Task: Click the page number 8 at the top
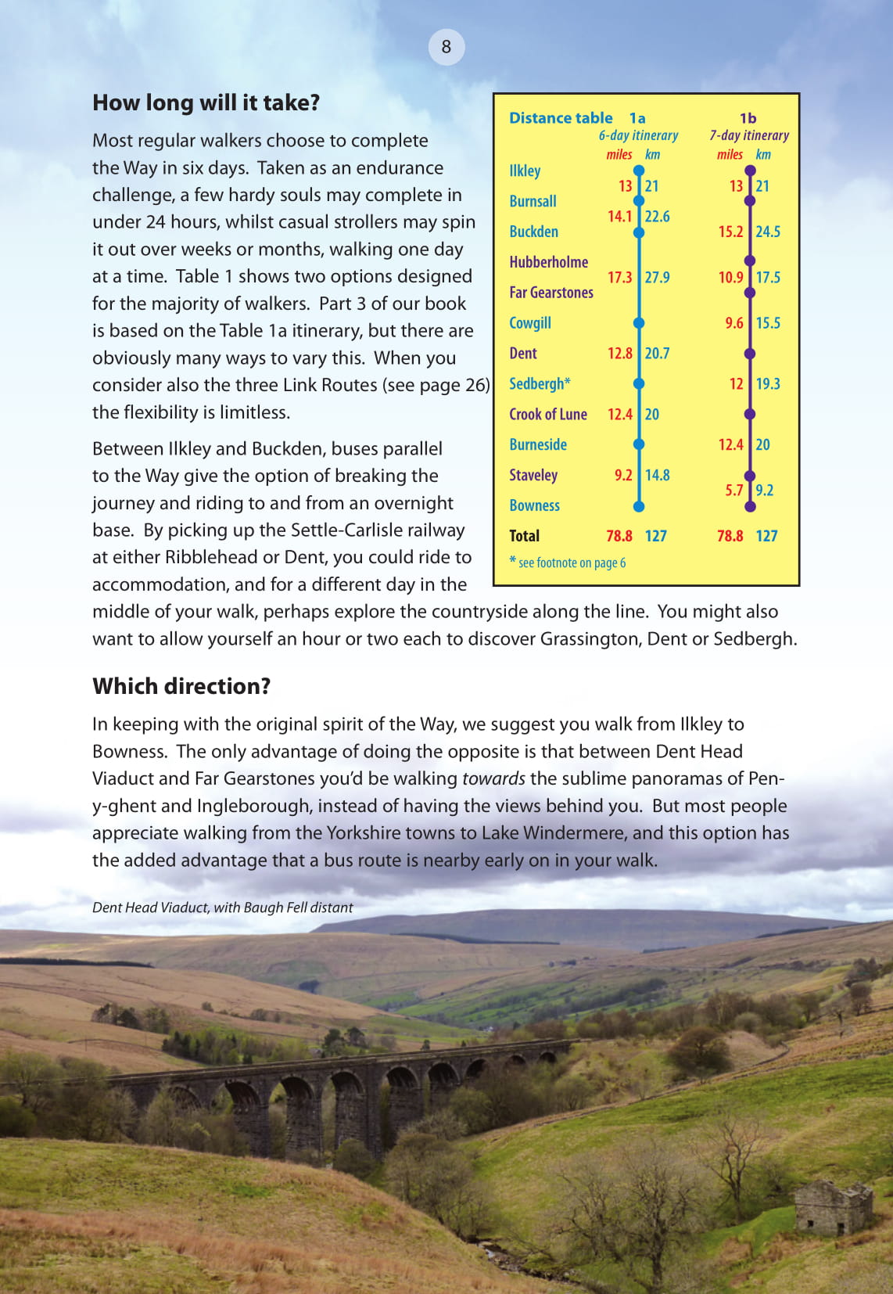pos(446,47)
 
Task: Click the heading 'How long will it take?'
pos(206,103)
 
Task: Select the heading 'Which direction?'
pos(181,686)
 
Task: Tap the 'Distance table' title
pos(561,118)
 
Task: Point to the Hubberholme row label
pos(548,262)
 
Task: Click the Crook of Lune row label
pos(547,414)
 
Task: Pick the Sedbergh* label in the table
pos(540,383)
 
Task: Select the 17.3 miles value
pos(619,277)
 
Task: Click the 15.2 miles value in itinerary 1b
pos(730,232)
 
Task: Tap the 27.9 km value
pos(657,277)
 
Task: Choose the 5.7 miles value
pos(733,491)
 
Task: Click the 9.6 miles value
pos(733,322)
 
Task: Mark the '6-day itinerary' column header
pos(638,135)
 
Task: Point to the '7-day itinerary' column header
pos(749,135)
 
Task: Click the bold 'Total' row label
pos(524,536)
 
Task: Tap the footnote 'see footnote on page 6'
pos(571,563)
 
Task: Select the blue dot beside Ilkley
pos(639,171)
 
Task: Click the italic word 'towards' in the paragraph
pos(493,778)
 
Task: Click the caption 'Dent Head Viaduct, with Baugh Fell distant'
pos(223,908)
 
